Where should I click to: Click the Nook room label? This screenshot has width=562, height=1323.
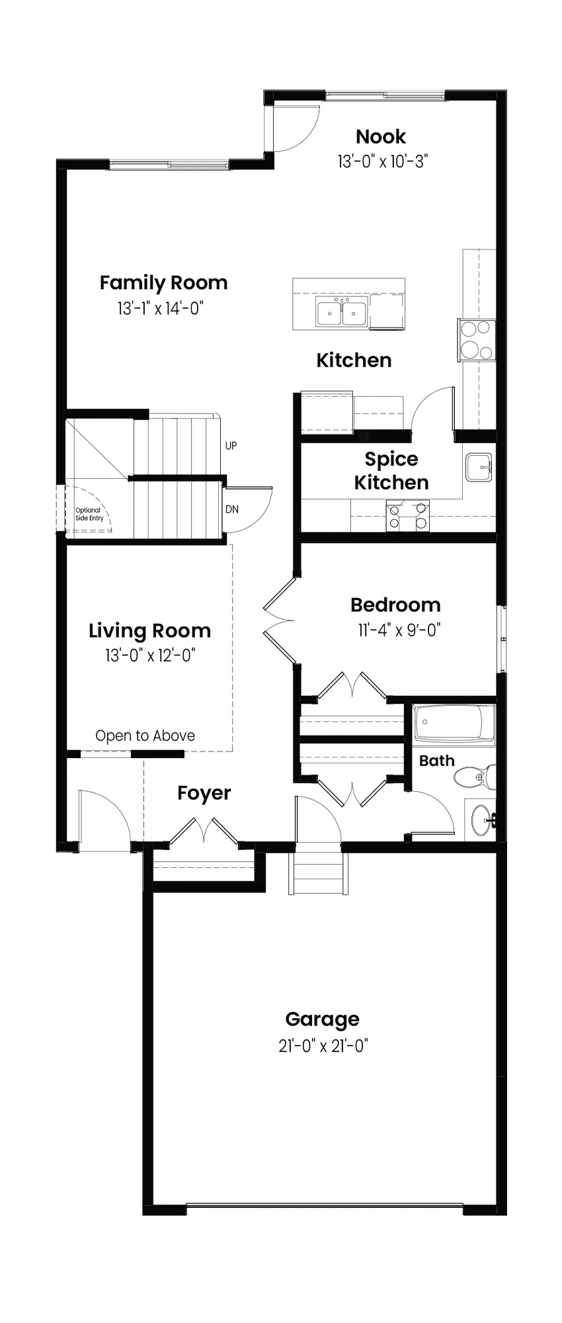(x=381, y=137)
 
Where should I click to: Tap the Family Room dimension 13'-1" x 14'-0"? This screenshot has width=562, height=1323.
(x=160, y=308)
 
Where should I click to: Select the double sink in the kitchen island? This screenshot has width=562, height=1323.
(x=342, y=312)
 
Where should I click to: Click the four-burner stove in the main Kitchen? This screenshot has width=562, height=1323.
(x=477, y=339)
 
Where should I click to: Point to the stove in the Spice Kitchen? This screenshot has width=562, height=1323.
(x=407, y=516)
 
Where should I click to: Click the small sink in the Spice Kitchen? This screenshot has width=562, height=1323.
(x=478, y=467)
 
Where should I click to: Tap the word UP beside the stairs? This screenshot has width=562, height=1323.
(x=231, y=446)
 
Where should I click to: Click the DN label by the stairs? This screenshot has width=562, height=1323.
(x=232, y=509)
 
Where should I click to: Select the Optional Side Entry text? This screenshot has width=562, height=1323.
(x=89, y=514)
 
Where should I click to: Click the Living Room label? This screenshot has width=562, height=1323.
(x=150, y=631)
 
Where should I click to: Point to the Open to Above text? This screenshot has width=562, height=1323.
(x=145, y=736)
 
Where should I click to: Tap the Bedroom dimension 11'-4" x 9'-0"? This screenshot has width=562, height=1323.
(x=399, y=630)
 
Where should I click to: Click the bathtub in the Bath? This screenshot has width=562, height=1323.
(x=454, y=725)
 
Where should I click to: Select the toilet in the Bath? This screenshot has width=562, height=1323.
(x=475, y=777)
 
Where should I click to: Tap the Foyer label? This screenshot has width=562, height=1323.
(x=204, y=793)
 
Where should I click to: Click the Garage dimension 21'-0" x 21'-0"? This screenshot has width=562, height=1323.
(x=323, y=1046)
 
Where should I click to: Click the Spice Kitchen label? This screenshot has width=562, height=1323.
(x=391, y=471)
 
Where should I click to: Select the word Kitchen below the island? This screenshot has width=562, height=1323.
(x=354, y=361)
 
